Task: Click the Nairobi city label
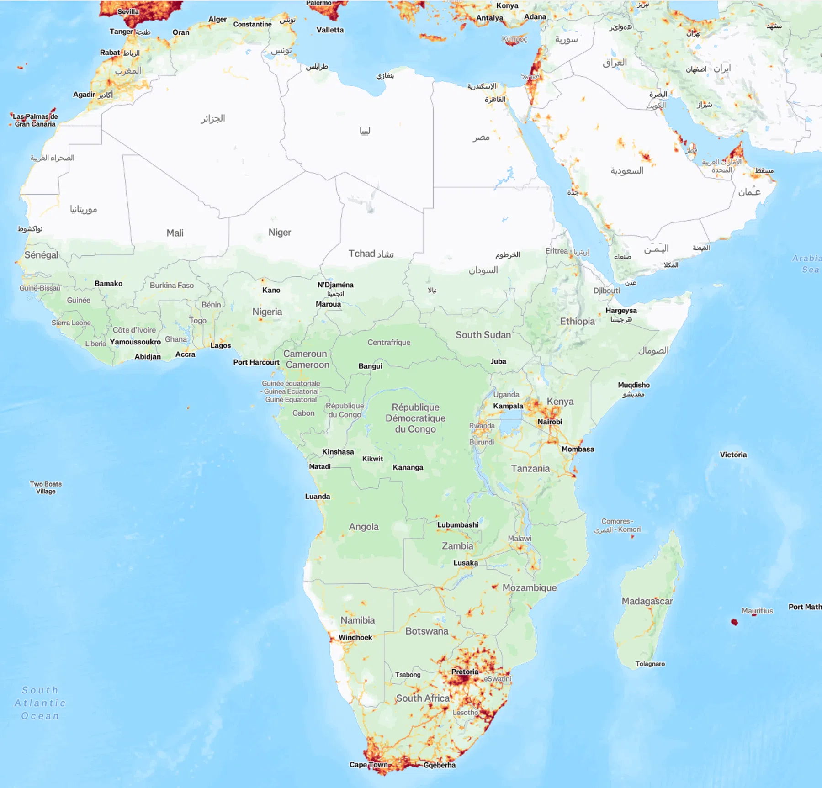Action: coord(550,422)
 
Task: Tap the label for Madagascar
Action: coord(647,601)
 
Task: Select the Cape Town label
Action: coord(368,765)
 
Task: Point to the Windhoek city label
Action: coord(355,637)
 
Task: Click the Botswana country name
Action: coord(427,631)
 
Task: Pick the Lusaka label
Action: coord(466,563)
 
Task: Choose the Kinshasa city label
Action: coord(338,452)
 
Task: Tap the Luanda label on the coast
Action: coord(318,497)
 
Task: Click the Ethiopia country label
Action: coord(578,321)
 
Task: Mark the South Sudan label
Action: coord(483,335)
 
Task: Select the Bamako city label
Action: coord(108,283)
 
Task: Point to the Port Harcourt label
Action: coord(256,362)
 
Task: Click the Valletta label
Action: coord(330,30)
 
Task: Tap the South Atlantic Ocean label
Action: coord(40,703)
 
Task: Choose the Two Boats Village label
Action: coord(46,487)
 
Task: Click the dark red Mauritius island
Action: coord(735,622)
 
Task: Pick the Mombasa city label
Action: coord(578,449)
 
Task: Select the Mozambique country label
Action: coord(530,588)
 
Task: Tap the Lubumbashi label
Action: coord(458,525)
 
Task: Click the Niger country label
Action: coord(280,233)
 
